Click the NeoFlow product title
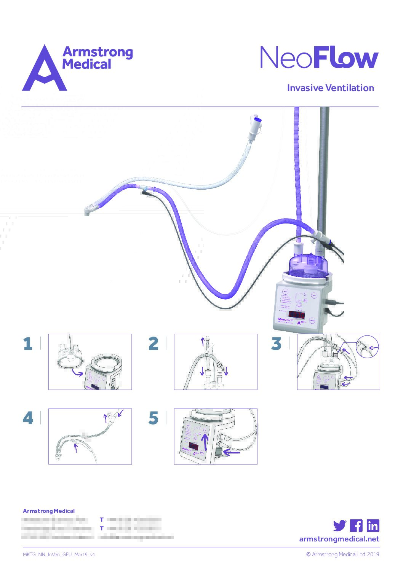click(x=319, y=58)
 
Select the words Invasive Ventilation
click(x=330, y=88)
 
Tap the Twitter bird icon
click(x=339, y=525)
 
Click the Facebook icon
click(x=356, y=525)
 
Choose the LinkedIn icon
click(x=373, y=525)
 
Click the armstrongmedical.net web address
click(x=339, y=539)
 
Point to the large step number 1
click(x=27, y=343)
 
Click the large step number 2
click(x=153, y=343)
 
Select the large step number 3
click(x=276, y=343)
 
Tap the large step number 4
click(x=28, y=418)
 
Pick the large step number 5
click(x=153, y=418)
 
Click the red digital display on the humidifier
click(x=296, y=315)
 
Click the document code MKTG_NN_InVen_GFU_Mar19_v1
click(x=59, y=554)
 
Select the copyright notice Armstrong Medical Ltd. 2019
click(x=343, y=554)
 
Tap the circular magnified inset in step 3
click(x=368, y=346)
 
